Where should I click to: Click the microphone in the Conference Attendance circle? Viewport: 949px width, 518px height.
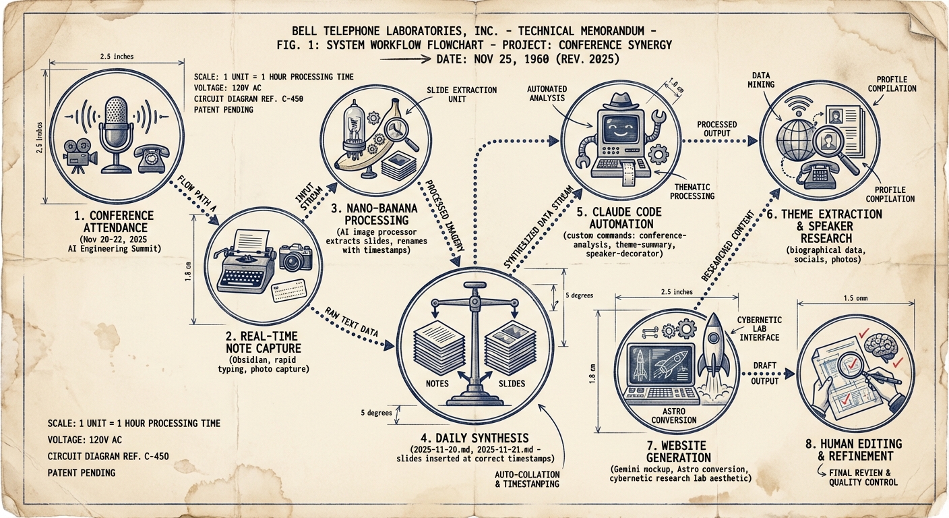(x=113, y=128)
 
